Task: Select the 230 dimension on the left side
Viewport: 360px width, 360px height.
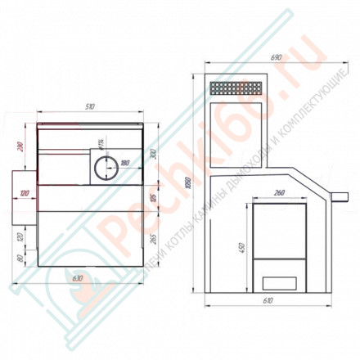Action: click(x=20, y=150)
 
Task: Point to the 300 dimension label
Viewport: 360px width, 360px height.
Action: click(x=152, y=155)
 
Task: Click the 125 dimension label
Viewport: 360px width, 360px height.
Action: click(x=152, y=199)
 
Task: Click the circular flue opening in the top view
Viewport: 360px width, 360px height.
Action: click(x=103, y=169)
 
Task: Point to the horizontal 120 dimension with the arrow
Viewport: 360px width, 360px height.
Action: click(x=25, y=193)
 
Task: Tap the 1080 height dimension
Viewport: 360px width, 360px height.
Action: click(x=191, y=184)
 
